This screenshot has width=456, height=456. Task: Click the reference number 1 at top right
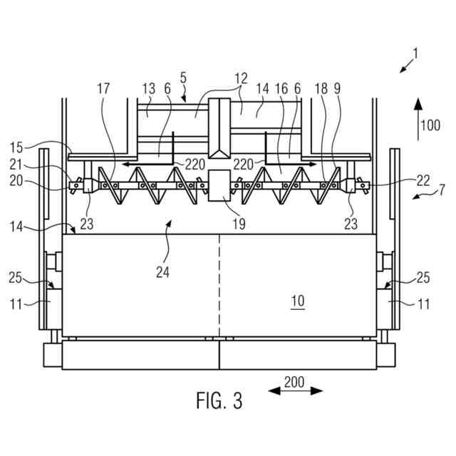[415, 53]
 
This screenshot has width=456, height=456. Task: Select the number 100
[430, 126]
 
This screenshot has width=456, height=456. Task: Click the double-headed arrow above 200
[296, 390]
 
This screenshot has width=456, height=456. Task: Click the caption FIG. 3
[219, 401]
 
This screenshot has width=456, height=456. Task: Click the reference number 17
[104, 90]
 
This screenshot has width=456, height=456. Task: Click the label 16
[281, 90]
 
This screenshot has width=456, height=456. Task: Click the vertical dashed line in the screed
[219, 285]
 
